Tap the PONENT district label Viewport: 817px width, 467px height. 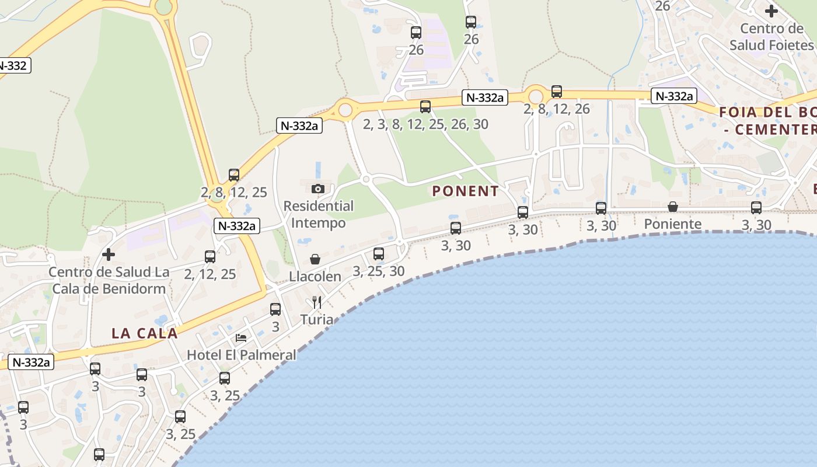coord(466,191)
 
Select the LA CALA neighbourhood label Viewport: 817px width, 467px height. coord(144,333)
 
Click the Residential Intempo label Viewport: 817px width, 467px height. coord(319,214)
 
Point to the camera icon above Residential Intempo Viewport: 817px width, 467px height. coord(318,189)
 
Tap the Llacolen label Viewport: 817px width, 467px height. coord(315,277)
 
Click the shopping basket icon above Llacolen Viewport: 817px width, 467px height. coord(315,259)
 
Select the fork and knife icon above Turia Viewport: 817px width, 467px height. coord(317,302)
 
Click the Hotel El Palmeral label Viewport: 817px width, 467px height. coord(242,355)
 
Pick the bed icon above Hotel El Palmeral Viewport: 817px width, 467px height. coord(240,338)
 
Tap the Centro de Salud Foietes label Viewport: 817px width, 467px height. coord(771,37)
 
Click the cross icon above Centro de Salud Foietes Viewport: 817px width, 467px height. coord(771,11)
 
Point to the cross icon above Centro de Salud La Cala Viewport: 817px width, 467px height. coord(108,255)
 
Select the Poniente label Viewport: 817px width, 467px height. coord(672,224)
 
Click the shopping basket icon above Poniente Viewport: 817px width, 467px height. coord(673,207)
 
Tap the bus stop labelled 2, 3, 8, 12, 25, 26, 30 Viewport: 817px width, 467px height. coord(425,106)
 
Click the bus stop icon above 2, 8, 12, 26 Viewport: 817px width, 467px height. coord(557,92)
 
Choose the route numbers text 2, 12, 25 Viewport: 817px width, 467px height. coord(210,274)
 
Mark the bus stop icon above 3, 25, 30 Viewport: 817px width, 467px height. coord(379,254)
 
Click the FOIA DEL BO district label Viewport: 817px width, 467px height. coord(767,113)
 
